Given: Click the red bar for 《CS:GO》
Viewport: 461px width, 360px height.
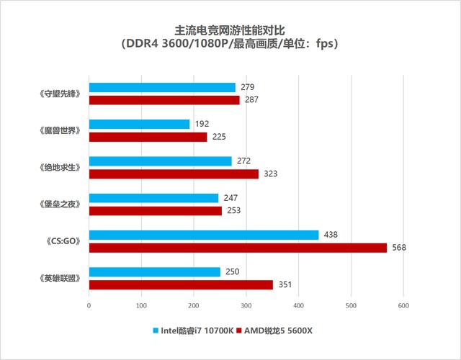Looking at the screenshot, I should point(238,248).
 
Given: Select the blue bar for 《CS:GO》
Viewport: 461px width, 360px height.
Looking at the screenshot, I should point(203,235).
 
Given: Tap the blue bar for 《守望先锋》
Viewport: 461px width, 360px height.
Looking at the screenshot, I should point(162,88).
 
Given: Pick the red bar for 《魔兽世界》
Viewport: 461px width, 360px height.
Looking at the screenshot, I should point(148,137).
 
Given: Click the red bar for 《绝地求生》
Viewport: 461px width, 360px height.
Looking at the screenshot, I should point(174,174).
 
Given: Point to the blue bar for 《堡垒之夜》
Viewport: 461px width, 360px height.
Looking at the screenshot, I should point(153,198).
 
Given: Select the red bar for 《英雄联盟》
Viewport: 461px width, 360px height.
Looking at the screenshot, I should point(181,284).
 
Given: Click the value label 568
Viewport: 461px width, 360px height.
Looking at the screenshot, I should point(399,248).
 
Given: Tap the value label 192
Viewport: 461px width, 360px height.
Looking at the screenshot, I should point(202,124).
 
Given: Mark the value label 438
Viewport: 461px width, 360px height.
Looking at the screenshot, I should point(331,235).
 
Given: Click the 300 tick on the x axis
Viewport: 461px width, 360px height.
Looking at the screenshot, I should point(246,306).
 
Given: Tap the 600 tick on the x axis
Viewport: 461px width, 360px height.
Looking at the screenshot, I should point(403,306).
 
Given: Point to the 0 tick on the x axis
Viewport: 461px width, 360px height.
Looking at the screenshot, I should point(89,306).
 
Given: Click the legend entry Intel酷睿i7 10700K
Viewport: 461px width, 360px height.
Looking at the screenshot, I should point(192,330).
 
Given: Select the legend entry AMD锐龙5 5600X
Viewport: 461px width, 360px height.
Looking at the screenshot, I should point(275,330).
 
